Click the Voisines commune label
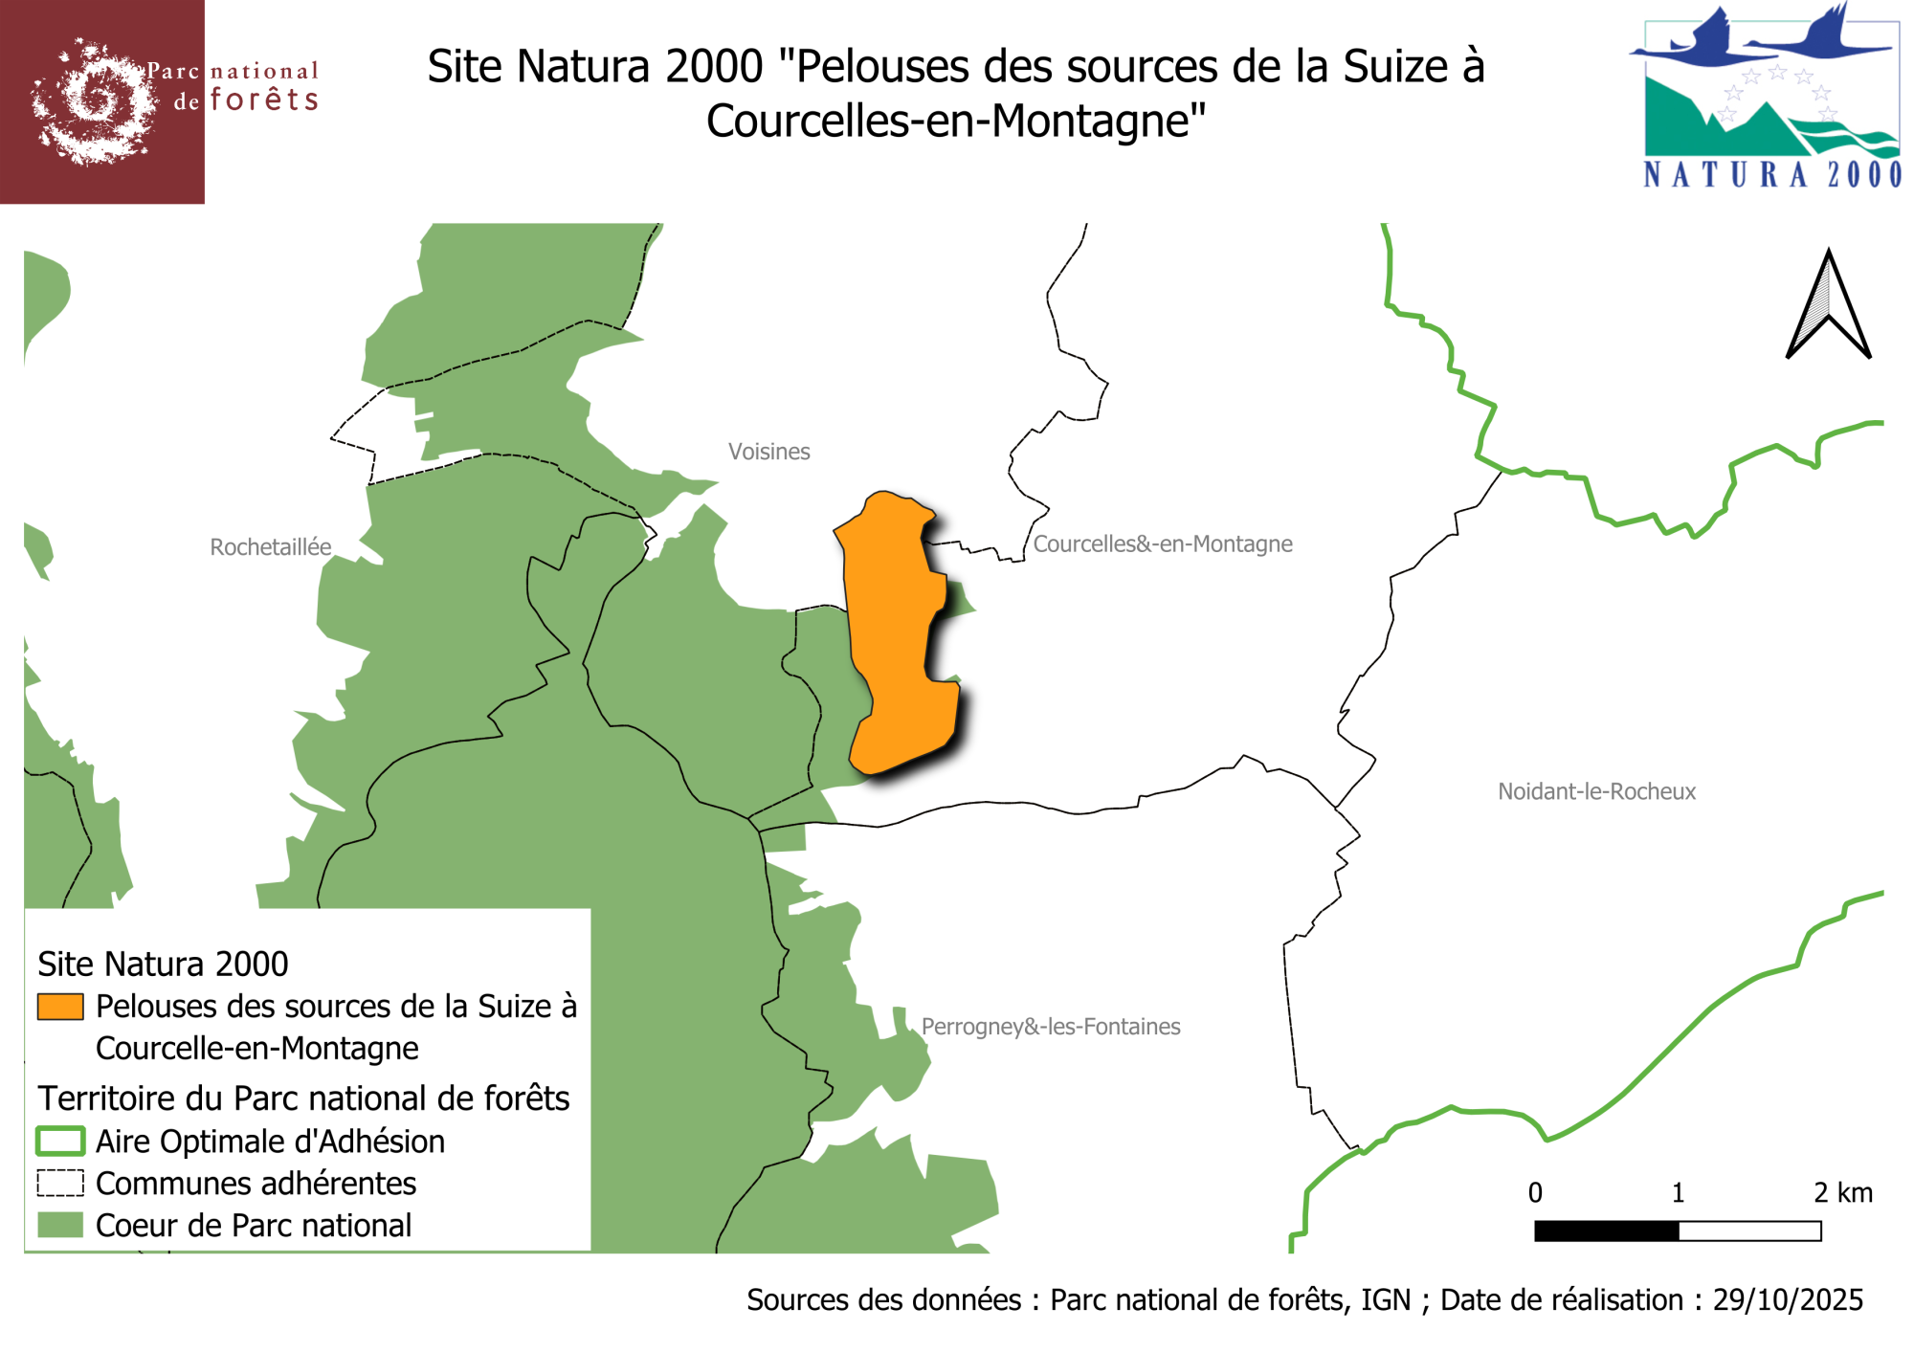[x=768, y=452]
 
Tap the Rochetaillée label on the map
[x=271, y=547]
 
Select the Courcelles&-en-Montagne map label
[x=1163, y=543]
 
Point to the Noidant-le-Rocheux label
[x=1596, y=791]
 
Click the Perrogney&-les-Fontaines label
[x=1051, y=1027]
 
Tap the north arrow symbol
[x=1828, y=306]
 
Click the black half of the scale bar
[x=1606, y=1231]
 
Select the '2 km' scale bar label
[x=1842, y=1192]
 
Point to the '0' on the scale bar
[x=1535, y=1192]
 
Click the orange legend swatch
[x=60, y=1007]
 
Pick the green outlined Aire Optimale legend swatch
[x=60, y=1142]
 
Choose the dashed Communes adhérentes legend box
[x=60, y=1184]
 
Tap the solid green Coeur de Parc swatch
[x=60, y=1226]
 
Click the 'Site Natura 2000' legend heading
[x=163, y=964]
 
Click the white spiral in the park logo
[x=93, y=100]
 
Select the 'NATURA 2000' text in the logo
[x=1772, y=175]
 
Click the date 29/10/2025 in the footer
[x=1788, y=1299]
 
